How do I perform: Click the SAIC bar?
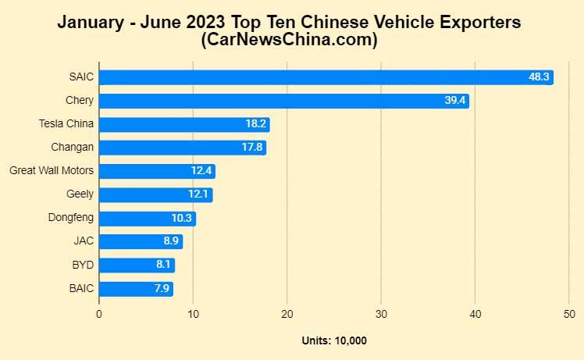[x=326, y=77]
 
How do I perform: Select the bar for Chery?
[x=283, y=101]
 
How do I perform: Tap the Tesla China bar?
[x=184, y=124]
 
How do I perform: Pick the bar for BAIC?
[x=136, y=289]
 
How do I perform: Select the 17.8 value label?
[x=252, y=148]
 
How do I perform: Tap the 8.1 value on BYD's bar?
[x=163, y=266]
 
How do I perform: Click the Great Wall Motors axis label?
[x=52, y=170]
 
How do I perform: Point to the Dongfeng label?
[x=71, y=217]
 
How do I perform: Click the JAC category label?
[x=84, y=241]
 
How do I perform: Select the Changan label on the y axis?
[x=73, y=147]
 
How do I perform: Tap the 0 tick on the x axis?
[x=99, y=314]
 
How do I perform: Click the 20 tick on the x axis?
[x=287, y=314]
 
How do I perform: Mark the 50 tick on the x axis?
[x=569, y=314]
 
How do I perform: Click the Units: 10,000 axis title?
[x=334, y=340]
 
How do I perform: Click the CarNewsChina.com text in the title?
[x=290, y=40]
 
